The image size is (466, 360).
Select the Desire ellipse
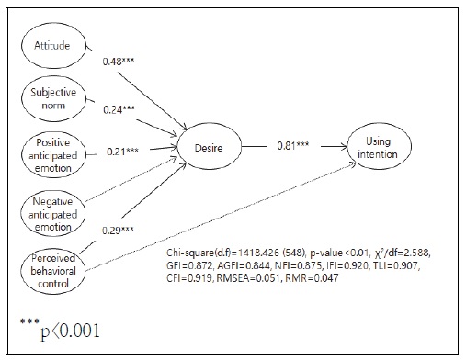[210, 145]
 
